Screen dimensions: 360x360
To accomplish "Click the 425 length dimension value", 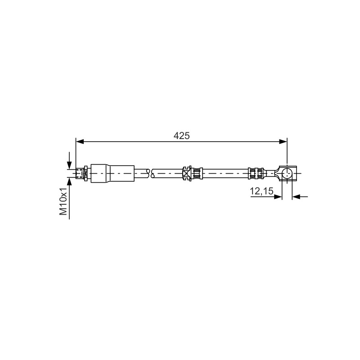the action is pos(182,136).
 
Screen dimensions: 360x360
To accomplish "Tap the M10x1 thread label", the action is pos(63,201).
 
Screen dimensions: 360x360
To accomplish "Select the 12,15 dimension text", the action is pos(262,191).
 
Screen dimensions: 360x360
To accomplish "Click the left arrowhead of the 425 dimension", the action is pos(80,142).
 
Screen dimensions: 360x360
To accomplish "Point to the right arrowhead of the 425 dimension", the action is pos(283,142).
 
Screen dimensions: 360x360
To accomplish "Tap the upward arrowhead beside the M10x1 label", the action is pos(69,181).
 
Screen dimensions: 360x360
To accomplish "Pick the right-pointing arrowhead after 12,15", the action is pos(278,197).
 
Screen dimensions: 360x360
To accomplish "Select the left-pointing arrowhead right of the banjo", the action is pos(296,197).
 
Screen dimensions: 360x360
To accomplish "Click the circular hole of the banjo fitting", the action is pos(287,173).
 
